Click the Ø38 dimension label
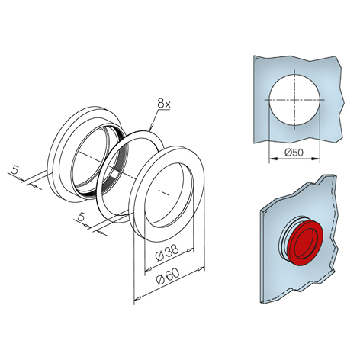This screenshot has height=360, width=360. coord(168,252)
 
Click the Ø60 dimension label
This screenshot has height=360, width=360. coord(169,276)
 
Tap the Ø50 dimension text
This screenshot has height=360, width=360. coord(294,153)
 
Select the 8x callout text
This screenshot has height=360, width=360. coord(164,104)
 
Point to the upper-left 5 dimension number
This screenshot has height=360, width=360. coord(15,169)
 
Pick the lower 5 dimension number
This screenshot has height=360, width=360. coord(81,217)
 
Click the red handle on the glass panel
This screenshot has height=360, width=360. coord(306,243)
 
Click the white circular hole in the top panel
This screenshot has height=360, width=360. coord(294,100)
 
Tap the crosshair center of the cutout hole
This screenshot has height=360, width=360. coord(294,100)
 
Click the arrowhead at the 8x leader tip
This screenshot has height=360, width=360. coord(151,126)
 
